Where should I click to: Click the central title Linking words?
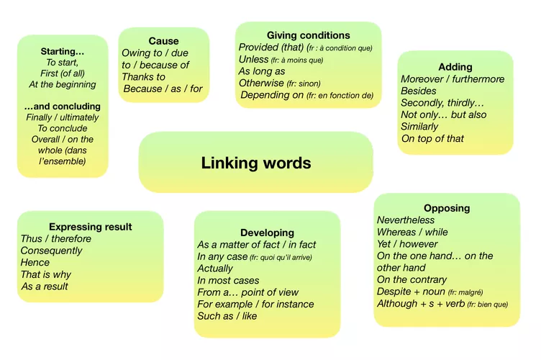[x=256, y=163]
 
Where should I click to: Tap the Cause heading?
[x=163, y=41]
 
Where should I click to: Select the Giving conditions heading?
[x=308, y=35]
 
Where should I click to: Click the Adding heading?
[x=455, y=67]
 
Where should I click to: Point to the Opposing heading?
[x=447, y=208]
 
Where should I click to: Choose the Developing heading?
[x=267, y=233]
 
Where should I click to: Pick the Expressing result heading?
[x=91, y=227]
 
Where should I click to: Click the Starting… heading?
[x=63, y=52]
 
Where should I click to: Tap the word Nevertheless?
[x=406, y=220]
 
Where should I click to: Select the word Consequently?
[x=51, y=251]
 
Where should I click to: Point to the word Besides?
[x=419, y=91]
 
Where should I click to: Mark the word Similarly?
[x=419, y=127]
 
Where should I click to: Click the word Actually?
[x=215, y=269]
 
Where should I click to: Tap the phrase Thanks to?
[x=143, y=77]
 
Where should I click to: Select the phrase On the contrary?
[x=412, y=279]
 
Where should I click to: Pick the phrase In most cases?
[x=228, y=281]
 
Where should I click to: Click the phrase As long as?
[x=262, y=71]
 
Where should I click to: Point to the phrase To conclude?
[x=63, y=128]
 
